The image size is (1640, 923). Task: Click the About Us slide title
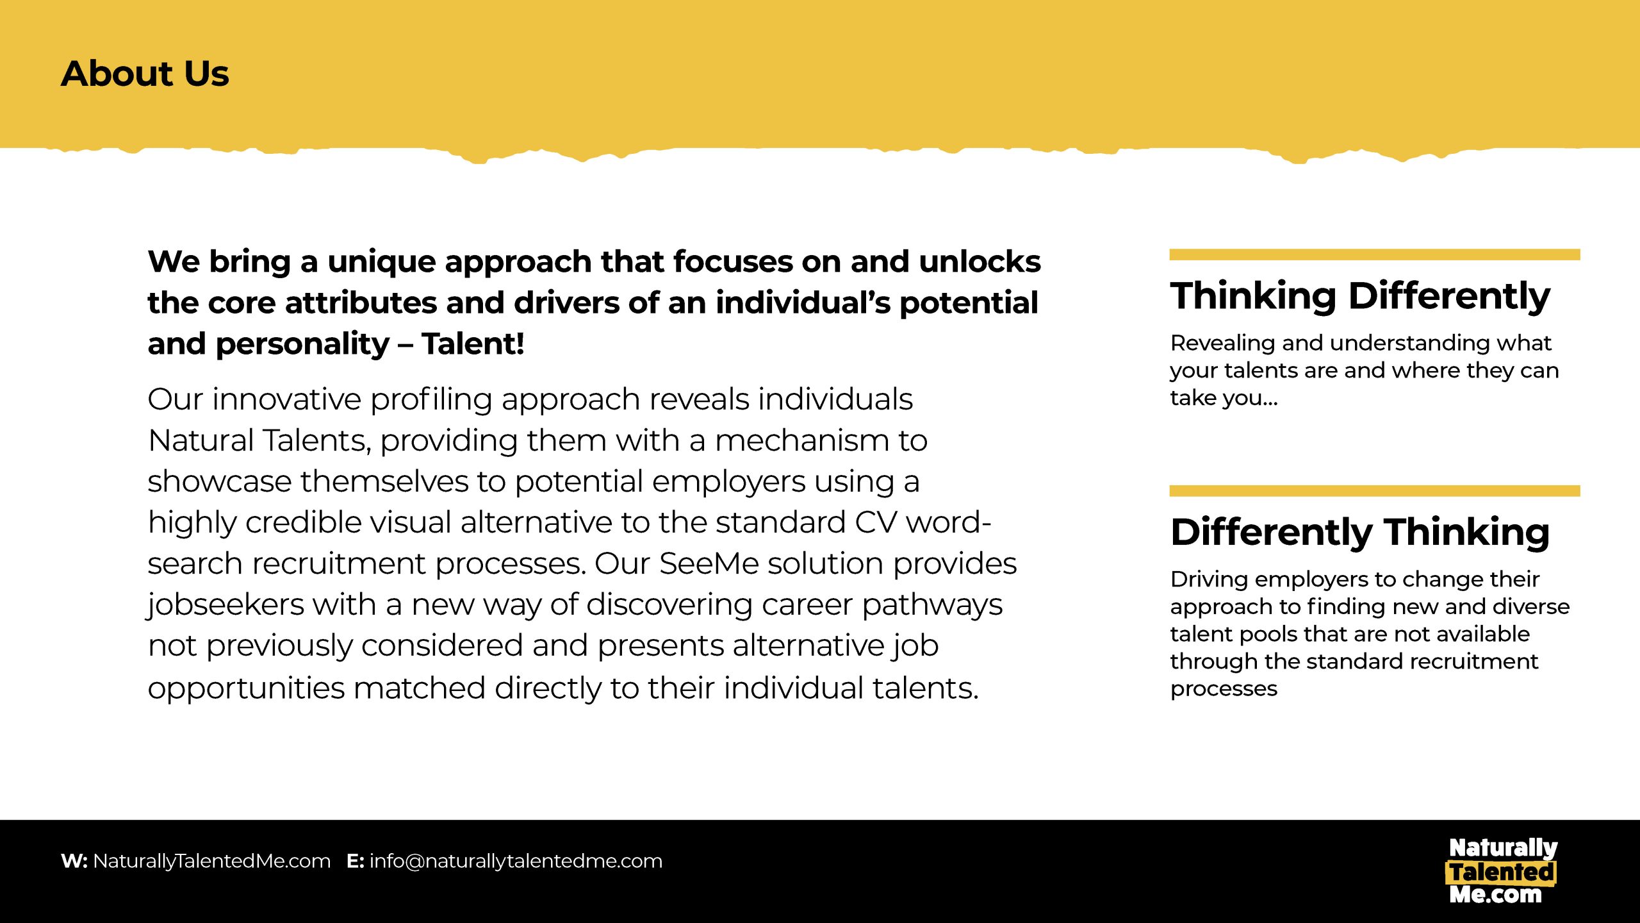(145, 73)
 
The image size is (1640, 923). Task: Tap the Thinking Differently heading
(1360, 296)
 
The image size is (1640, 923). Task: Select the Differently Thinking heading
(1360, 532)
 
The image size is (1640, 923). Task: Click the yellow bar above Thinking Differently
(1375, 254)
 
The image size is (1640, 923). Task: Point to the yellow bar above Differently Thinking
(1375, 491)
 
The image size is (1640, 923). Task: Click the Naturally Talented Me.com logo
(1502, 871)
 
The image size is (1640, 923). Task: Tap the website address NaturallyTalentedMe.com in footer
(212, 861)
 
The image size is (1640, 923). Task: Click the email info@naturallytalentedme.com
(516, 861)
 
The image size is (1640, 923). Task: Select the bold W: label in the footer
(74, 861)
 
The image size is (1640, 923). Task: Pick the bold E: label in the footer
(356, 861)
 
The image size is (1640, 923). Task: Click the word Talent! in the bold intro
(473, 344)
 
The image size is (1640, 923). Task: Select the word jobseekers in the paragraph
(226, 605)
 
